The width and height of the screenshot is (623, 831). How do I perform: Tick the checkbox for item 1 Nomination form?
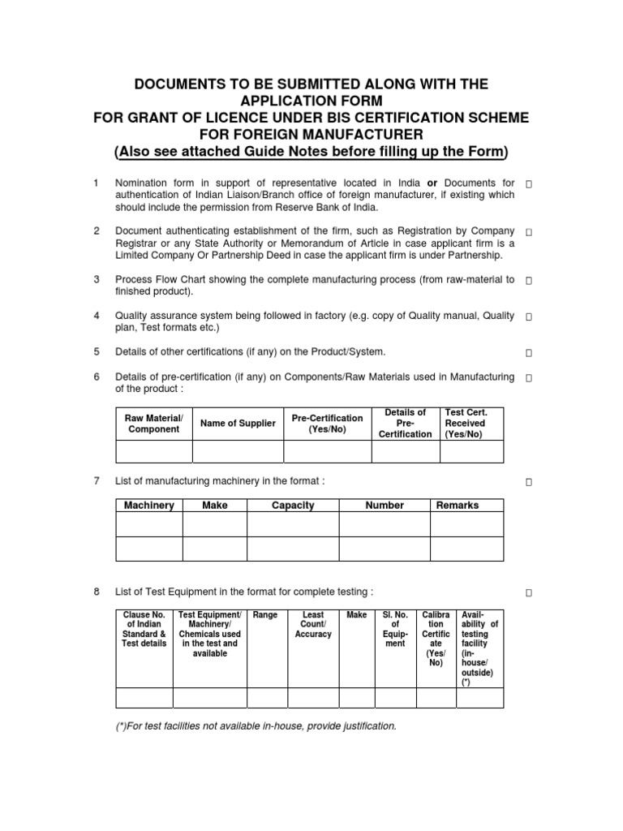pyautogui.click(x=529, y=185)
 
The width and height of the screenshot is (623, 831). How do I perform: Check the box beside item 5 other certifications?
pyautogui.click(x=529, y=353)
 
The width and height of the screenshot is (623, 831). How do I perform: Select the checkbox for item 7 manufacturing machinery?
pyautogui.click(x=529, y=483)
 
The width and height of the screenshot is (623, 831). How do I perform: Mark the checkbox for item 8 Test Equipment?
pyautogui.click(x=529, y=594)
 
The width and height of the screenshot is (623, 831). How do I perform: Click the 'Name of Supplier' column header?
pyautogui.click(x=238, y=424)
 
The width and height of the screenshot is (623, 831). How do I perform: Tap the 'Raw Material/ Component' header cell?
pyautogui.click(x=154, y=424)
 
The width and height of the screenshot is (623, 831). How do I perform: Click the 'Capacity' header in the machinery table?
pyautogui.click(x=293, y=506)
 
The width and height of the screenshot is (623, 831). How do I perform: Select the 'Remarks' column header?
pyautogui.click(x=458, y=506)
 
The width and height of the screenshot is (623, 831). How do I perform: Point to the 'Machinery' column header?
pyautogui.click(x=149, y=506)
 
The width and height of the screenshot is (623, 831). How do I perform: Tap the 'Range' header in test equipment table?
pyautogui.click(x=265, y=616)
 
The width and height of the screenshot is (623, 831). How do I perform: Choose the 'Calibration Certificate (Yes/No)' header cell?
pyautogui.click(x=436, y=639)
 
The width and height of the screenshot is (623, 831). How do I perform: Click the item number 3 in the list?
pyautogui.click(x=97, y=279)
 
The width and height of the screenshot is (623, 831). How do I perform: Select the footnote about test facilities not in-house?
pyautogui.click(x=257, y=726)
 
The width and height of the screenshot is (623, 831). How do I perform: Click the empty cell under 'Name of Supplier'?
pyautogui.click(x=238, y=450)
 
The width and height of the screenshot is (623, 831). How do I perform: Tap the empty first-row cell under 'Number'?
pyautogui.click(x=384, y=525)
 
